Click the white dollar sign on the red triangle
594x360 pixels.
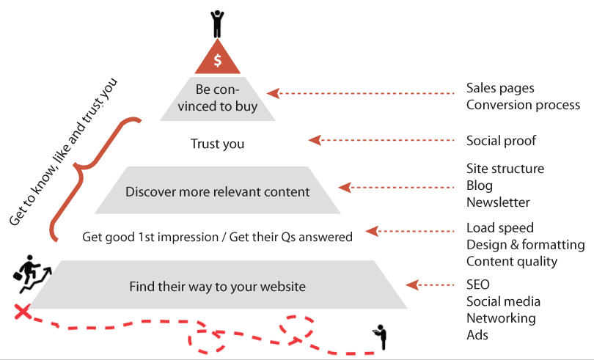[x=218, y=60]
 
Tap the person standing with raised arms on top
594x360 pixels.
[x=218, y=24]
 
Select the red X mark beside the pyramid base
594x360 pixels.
[x=22, y=312]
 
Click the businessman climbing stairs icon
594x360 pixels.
[x=32, y=273]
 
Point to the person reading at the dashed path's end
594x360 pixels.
[x=381, y=337]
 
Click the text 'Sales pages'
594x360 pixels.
[x=500, y=88]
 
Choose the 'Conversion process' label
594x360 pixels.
[x=523, y=105]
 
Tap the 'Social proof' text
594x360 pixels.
[x=501, y=141]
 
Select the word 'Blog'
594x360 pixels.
[x=480, y=185]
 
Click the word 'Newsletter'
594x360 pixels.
[x=498, y=202]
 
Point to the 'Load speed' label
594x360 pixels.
[x=500, y=228]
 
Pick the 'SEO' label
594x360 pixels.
[x=478, y=284]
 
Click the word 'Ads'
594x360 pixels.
[x=477, y=335]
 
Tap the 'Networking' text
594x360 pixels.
[x=501, y=318]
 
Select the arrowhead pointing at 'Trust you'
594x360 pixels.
[x=315, y=140]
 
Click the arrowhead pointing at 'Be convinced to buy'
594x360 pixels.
[x=273, y=93]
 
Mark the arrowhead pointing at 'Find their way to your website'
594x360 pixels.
[x=412, y=284]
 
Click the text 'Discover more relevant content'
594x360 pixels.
[x=218, y=192]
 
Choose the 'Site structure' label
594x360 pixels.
[x=505, y=169]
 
